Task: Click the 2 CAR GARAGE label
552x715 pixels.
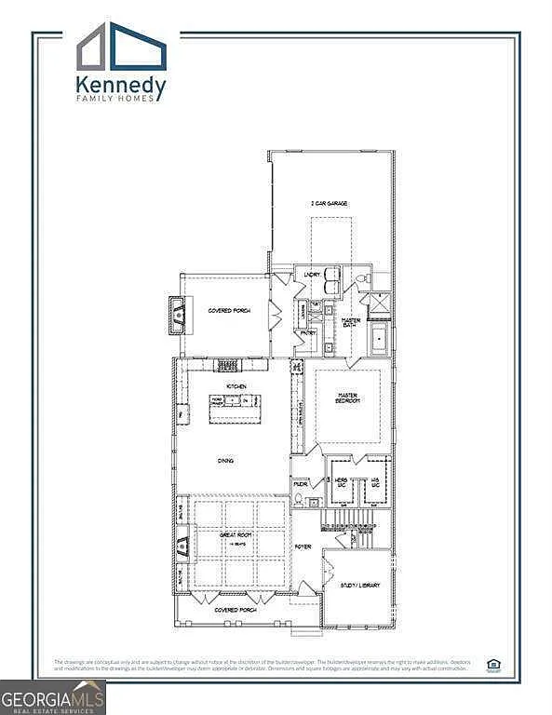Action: (x=330, y=203)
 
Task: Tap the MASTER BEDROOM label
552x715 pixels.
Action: (x=347, y=398)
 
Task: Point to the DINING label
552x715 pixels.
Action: (x=226, y=460)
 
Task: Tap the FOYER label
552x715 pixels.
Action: (x=303, y=546)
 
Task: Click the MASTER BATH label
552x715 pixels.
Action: (x=351, y=322)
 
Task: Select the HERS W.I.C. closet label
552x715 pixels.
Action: (x=341, y=482)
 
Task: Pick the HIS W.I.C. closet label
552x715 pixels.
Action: (x=375, y=482)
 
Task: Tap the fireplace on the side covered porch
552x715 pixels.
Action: (x=175, y=315)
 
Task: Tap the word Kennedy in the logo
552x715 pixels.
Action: (x=121, y=88)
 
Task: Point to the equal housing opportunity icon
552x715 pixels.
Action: (x=492, y=665)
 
